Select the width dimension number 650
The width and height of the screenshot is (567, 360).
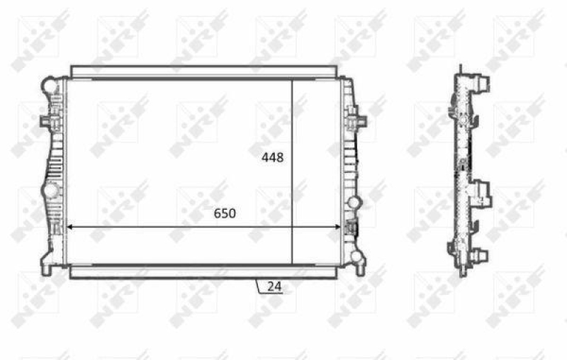click(x=221, y=213)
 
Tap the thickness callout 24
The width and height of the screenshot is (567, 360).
click(x=274, y=287)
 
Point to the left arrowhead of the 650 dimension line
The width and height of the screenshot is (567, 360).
click(x=69, y=227)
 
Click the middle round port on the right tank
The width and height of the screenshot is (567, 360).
click(x=354, y=203)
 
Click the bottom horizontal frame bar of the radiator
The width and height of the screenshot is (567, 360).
click(x=204, y=271)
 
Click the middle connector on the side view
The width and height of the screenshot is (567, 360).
click(x=483, y=192)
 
